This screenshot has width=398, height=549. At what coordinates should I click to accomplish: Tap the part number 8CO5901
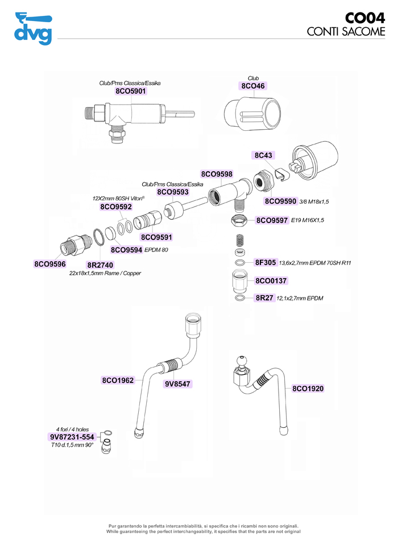point(131,90)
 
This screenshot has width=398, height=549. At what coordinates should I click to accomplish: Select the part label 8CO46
point(253,86)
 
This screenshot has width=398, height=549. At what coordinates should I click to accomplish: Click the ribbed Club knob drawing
point(251,112)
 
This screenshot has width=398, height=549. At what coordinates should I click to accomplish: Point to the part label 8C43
point(263,155)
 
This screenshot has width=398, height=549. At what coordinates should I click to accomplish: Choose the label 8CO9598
point(217,174)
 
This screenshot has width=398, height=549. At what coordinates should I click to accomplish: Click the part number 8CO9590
point(281,201)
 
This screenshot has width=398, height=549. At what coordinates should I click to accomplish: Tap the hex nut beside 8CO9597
point(239,221)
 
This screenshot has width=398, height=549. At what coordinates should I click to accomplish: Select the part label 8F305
point(266,263)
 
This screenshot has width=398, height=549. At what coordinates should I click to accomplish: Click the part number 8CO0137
point(271,280)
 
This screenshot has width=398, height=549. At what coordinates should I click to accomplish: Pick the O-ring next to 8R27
point(241,298)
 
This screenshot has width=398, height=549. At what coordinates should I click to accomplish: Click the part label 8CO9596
point(50,264)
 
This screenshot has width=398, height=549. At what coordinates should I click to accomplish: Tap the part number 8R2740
point(100,265)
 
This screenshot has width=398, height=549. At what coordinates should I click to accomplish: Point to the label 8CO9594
point(127,250)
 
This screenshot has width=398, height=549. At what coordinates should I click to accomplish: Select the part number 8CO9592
point(116,207)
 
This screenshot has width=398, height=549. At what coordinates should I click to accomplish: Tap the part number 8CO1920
point(308,389)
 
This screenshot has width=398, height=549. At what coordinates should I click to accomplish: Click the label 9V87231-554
point(72,437)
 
